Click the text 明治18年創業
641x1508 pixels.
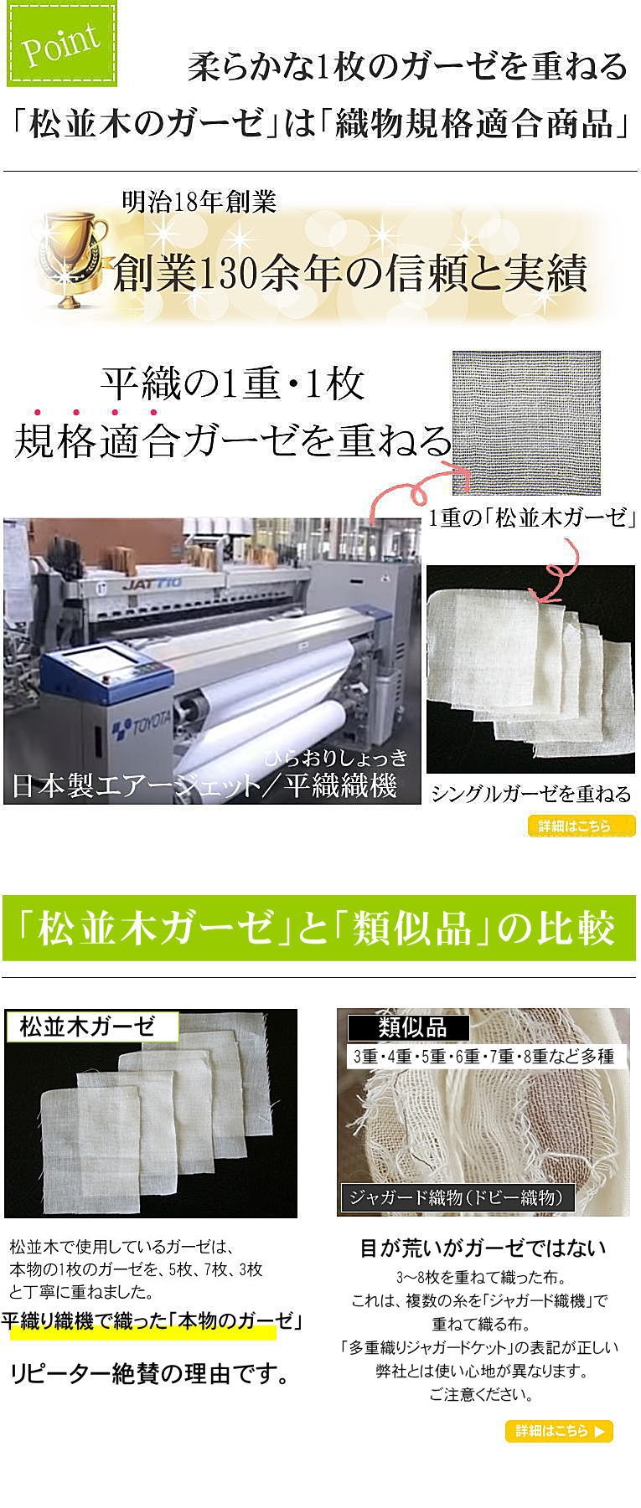pos(199,202)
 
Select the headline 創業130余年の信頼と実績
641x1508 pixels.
pos(349,273)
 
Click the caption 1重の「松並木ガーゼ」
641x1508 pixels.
pos(532,518)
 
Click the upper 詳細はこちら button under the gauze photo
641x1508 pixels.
pos(582,826)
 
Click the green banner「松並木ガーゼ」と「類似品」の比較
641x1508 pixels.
pos(319,929)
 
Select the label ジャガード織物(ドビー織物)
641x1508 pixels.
pos(457,1197)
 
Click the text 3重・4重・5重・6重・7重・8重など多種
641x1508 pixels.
pos(484,1056)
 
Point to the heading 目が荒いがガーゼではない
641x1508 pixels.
pos(483,1248)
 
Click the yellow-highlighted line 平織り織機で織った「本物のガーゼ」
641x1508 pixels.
pos(151,1322)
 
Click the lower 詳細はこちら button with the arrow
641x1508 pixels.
pos(559,1431)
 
